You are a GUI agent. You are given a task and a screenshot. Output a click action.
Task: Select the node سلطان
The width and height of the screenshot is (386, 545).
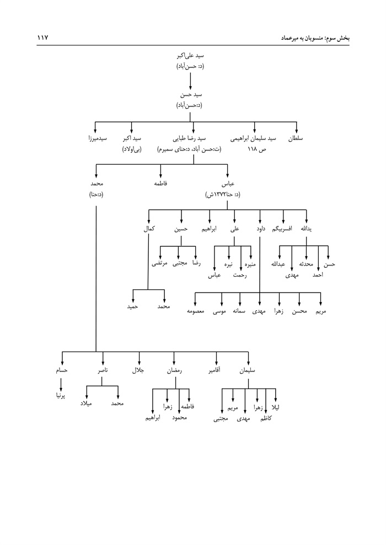tap(296, 139)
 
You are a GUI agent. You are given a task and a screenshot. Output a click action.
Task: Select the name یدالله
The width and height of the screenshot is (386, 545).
tap(307, 228)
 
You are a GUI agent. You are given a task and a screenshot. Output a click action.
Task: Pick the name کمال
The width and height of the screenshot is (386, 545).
tap(149, 228)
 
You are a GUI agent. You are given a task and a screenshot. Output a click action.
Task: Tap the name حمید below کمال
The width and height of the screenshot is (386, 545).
tap(132, 306)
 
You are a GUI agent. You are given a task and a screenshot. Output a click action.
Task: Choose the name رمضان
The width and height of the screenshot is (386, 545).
tap(174, 371)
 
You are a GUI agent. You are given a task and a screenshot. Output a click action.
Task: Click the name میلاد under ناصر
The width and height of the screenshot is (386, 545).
tap(87, 404)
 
